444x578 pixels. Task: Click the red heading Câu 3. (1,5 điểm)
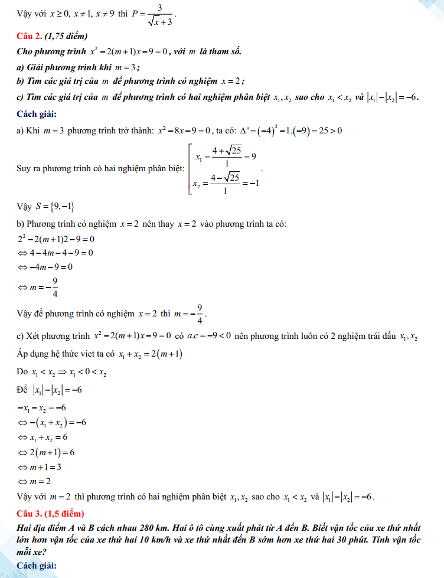coord(51,512)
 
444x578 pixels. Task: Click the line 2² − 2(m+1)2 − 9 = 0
coord(56,239)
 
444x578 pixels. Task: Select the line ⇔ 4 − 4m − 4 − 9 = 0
coord(56,253)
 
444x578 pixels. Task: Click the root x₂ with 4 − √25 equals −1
coord(227,184)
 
